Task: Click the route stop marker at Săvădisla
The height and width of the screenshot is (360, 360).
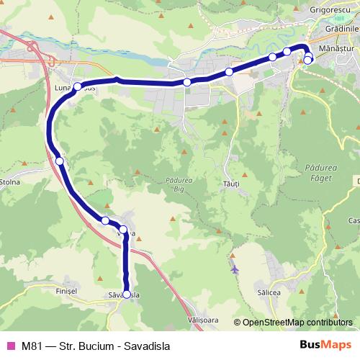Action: (x=127, y=294)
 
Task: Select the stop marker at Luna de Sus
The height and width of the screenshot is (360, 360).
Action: (x=78, y=86)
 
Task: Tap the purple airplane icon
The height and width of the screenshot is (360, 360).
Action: (x=235, y=269)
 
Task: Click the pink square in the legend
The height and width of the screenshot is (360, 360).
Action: (x=10, y=343)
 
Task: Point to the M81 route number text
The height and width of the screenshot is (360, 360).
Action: (x=31, y=343)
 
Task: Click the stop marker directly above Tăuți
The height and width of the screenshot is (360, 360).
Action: (x=229, y=71)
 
